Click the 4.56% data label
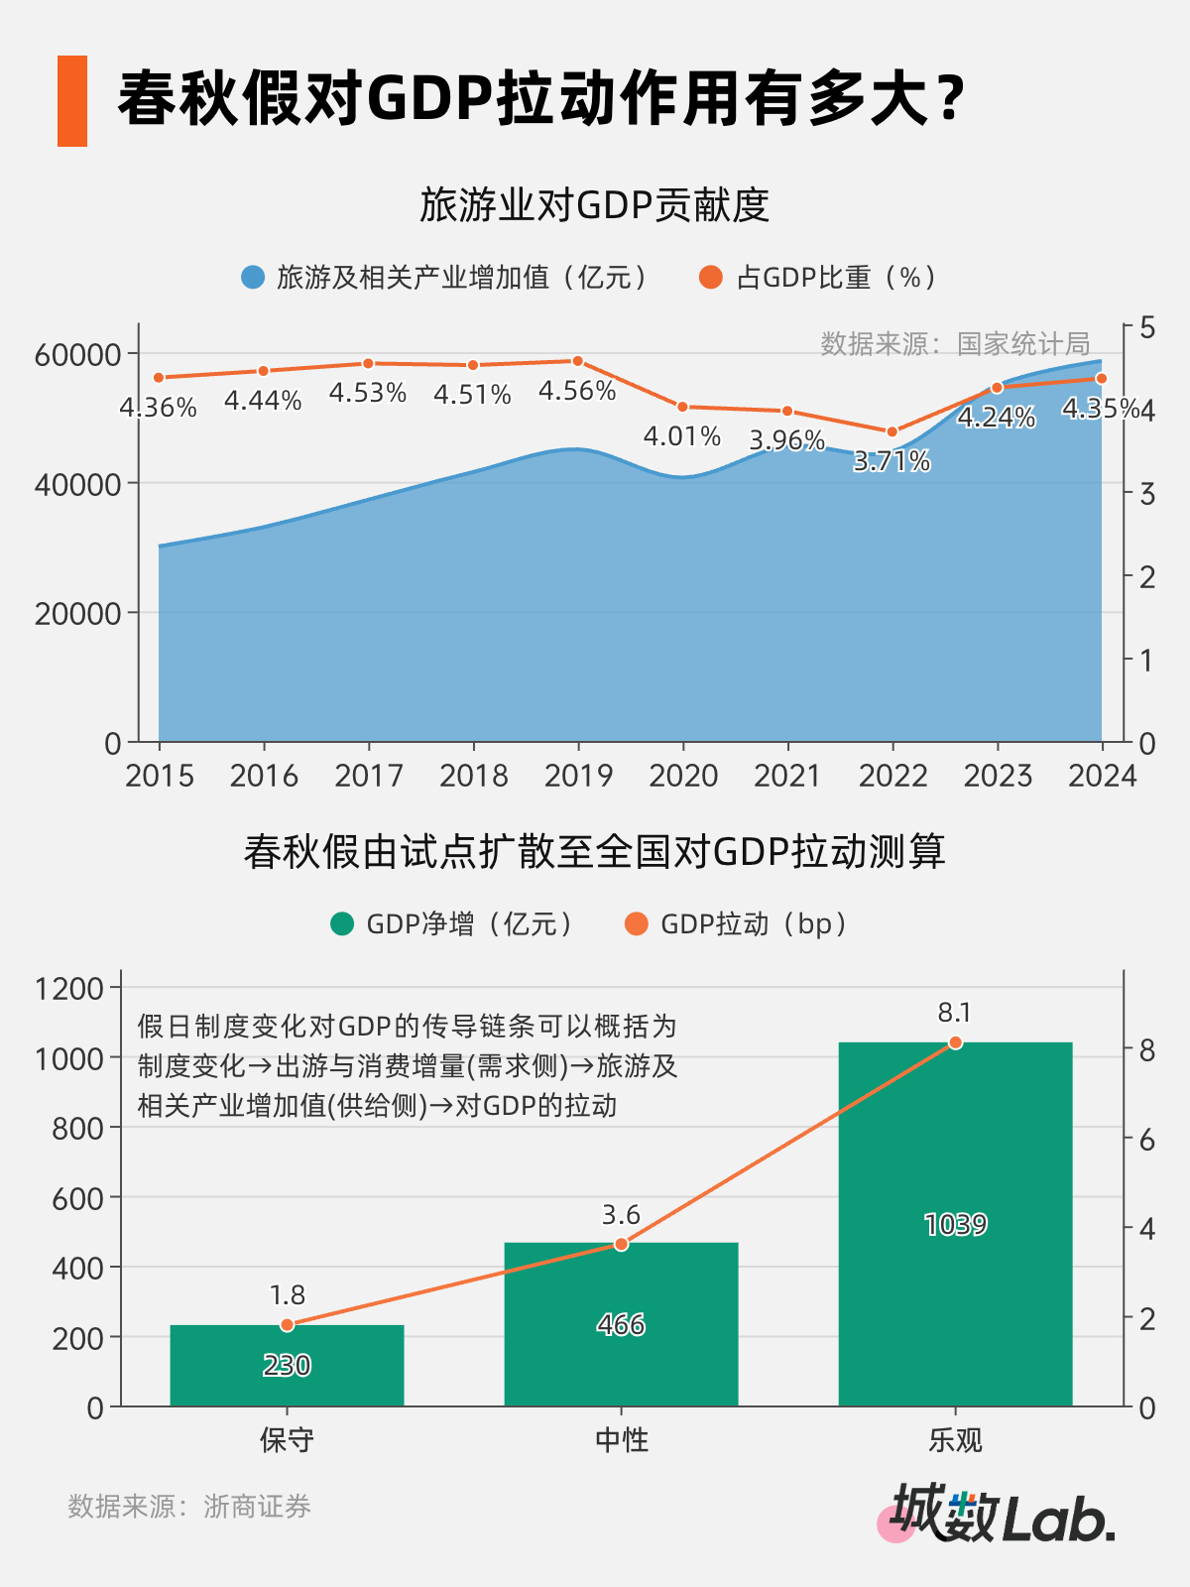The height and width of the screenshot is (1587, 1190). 577,391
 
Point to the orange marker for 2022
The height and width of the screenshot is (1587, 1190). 892,431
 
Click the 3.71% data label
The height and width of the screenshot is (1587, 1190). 892,461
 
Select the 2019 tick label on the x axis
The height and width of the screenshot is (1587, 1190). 578,776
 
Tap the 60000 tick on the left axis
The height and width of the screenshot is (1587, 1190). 77,354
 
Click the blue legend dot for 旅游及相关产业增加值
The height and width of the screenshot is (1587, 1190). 253,278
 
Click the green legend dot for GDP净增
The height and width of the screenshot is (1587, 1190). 342,924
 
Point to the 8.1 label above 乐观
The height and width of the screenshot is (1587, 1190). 954,1013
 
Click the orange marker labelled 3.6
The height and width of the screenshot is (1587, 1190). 622,1244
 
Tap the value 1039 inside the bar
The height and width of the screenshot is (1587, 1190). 955,1225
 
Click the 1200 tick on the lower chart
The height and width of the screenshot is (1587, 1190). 69,988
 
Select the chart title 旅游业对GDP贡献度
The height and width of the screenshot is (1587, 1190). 594,205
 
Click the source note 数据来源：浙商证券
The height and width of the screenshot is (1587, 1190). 189,1507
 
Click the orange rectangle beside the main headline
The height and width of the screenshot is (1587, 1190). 72,101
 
